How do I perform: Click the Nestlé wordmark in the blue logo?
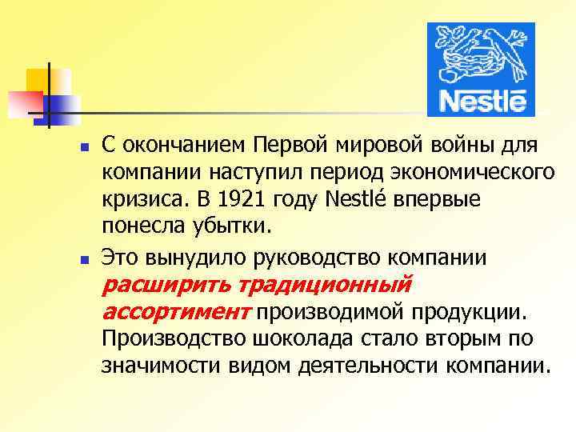pos(483,103)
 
